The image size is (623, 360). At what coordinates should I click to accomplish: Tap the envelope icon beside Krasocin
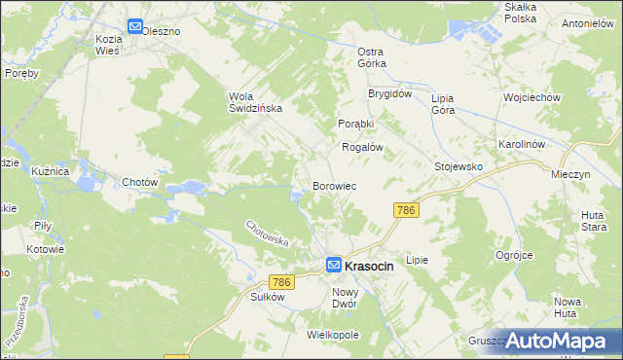334,264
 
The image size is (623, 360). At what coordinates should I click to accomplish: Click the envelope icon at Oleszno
134,28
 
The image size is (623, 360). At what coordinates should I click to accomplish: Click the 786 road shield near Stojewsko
406,210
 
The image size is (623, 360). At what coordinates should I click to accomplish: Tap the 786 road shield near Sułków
281,282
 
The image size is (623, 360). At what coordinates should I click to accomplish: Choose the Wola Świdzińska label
255,102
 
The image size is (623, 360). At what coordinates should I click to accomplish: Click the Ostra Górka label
372,56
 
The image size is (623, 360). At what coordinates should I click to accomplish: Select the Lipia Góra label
443,104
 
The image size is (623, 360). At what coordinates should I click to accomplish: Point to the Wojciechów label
531,98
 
